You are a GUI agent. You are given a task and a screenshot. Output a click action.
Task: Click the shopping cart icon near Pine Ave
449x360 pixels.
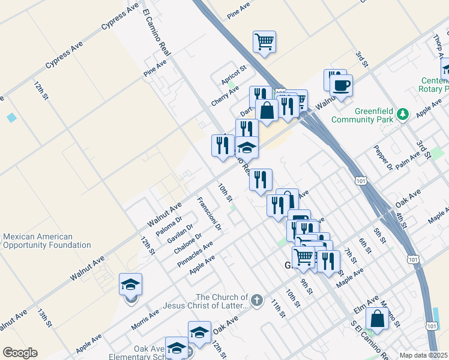click(x=264, y=42)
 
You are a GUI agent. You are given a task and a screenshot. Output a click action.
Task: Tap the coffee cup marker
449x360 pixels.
click(x=341, y=85)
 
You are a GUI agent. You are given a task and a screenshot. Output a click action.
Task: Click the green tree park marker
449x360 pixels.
click(x=404, y=113)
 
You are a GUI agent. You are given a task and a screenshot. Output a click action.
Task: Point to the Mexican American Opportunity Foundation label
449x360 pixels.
click(x=46, y=241)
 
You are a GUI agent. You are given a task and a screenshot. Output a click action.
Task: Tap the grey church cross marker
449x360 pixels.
click(x=256, y=300)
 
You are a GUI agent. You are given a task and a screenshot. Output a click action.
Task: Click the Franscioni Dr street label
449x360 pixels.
click(x=209, y=214)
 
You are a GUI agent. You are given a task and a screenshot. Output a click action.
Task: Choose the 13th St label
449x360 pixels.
click(x=44, y=317)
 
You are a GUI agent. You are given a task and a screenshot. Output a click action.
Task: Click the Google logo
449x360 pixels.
click(x=20, y=353)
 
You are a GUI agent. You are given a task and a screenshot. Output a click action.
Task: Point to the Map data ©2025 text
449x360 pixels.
click(x=424, y=355)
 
